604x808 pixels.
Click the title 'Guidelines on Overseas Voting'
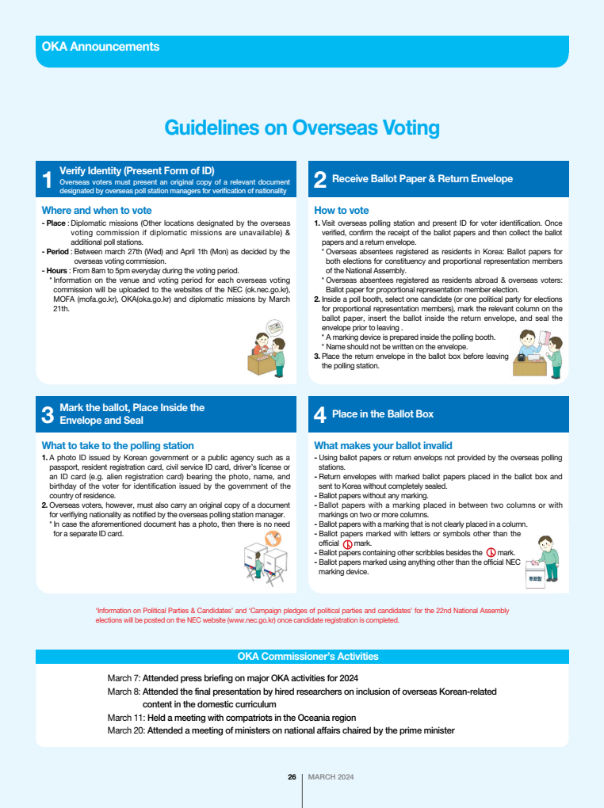coord(301,128)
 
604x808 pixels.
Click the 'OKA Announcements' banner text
coord(101,47)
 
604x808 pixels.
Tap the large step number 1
coord(48,180)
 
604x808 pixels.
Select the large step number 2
coord(320,180)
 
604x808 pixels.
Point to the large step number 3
coord(48,414)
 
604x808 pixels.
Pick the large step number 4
coord(320,414)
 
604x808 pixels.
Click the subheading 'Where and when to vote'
coord(96,211)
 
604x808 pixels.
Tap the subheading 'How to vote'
coord(341,211)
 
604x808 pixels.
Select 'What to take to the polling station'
coord(117,445)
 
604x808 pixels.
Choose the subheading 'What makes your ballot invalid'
coord(383,445)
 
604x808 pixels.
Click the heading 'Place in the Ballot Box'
coord(382,414)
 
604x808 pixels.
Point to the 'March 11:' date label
coord(124,717)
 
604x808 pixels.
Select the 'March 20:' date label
coord(125,730)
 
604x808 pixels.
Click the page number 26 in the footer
coord(292,777)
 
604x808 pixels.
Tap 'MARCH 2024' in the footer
coord(331,777)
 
